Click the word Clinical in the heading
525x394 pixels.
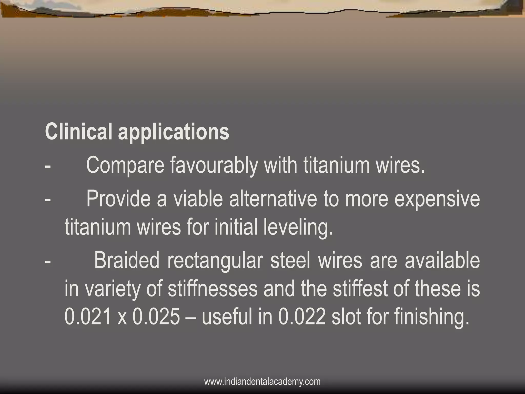[78, 132]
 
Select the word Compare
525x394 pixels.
[125, 165]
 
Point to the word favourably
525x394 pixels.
[214, 165]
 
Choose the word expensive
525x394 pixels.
[437, 200]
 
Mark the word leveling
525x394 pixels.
[298, 228]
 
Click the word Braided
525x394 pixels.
[127, 260]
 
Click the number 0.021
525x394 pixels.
[88, 317]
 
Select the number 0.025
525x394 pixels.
[156, 317]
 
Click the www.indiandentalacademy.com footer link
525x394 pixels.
[262, 382]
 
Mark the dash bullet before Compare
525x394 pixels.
[47, 166]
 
